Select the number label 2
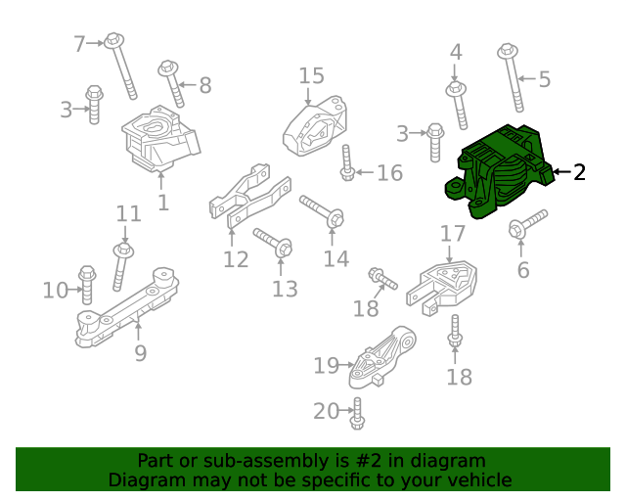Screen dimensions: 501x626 pyautogui.click(x=579, y=173)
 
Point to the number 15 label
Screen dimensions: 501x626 pyautogui.click(x=311, y=76)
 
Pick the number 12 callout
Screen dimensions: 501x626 pyautogui.click(x=236, y=259)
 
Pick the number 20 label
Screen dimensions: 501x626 pyautogui.click(x=326, y=411)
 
